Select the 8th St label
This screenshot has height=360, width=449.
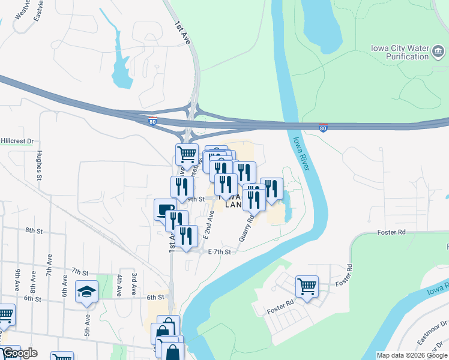pos(34,230)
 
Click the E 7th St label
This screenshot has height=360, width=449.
pos(219,252)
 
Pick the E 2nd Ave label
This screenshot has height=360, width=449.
pos(209,225)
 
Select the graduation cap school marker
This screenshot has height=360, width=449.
pos(86,292)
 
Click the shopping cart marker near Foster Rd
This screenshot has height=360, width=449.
pos(307,286)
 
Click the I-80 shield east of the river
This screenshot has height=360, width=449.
pos(323,128)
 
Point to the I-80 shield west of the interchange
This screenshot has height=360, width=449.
pos(152,121)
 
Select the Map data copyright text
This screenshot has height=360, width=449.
pos(412,355)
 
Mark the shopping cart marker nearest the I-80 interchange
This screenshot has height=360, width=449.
pos(187,154)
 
